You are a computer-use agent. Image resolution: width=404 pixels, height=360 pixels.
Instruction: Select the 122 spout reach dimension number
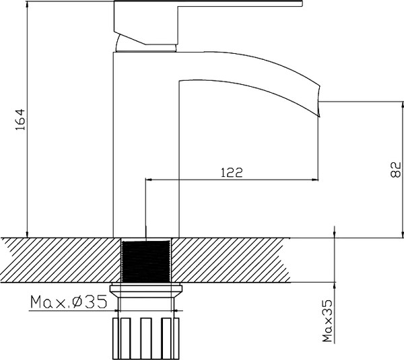[x=231, y=172]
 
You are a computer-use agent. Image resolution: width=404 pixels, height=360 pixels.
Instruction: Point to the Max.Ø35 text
[x=68, y=302]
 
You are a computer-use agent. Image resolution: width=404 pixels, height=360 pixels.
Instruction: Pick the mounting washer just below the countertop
[x=146, y=291]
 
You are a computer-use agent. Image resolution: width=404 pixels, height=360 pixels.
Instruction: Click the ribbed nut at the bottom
[x=146, y=337]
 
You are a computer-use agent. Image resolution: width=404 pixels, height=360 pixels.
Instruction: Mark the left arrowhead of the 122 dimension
[x=150, y=180]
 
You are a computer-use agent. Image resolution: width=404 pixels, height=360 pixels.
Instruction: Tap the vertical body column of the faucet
[x=128, y=148]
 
